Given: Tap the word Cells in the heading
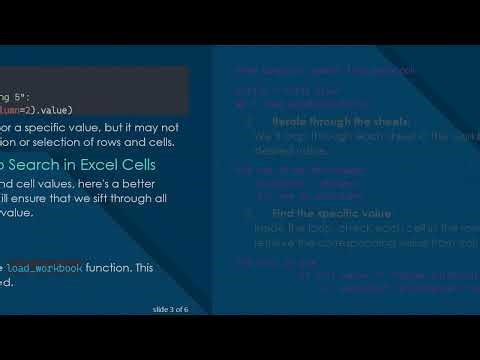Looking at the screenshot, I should (x=151, y=164).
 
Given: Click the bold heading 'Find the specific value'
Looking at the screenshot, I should (x=321, y=214).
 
